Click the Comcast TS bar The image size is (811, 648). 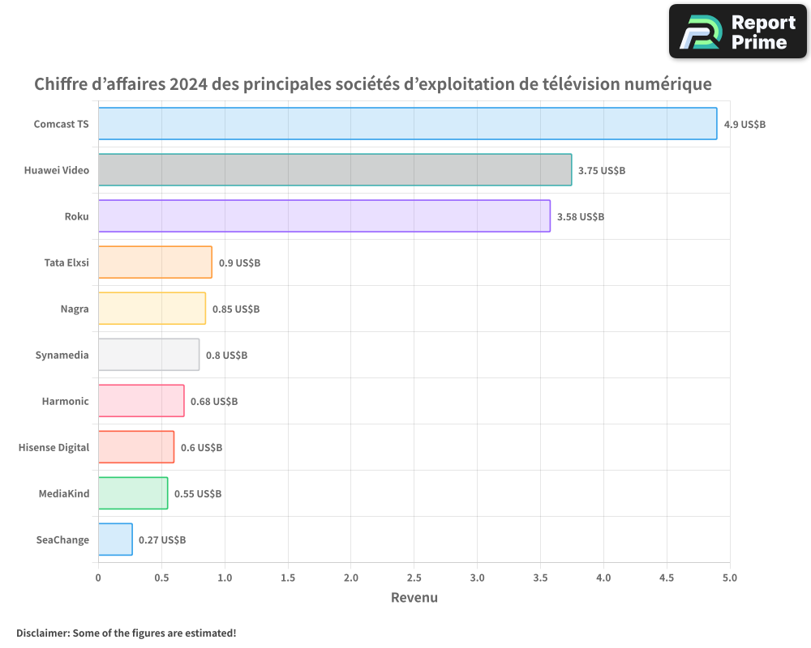(407, 124)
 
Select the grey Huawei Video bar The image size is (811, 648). (335, 170)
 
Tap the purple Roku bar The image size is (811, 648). (324, 216)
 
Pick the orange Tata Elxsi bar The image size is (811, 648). (155, 262)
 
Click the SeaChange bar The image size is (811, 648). (115, 539)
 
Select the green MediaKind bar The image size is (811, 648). (133, 493)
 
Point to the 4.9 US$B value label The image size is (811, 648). (744, 125)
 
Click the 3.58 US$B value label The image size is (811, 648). (580, 217)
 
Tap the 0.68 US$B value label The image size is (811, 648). (214, 402)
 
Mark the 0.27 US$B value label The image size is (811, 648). (162, 540)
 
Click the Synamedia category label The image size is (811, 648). (62, 356)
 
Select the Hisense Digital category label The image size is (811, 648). (54, 448)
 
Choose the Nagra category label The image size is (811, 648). (75, 309)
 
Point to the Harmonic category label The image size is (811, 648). (65, 402)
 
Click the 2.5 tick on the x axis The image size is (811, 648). (414, 578)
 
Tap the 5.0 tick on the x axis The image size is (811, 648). (730, 578)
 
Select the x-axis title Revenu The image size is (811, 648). (414, 598)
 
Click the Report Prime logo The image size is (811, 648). (737, 32)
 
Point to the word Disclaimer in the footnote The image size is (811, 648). (41, 633)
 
